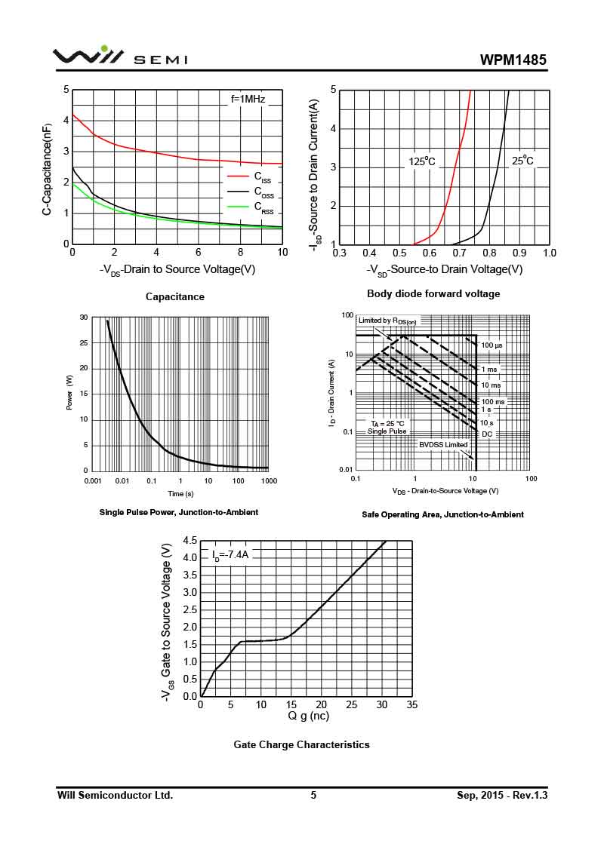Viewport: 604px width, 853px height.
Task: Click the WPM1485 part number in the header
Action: click(513, 60)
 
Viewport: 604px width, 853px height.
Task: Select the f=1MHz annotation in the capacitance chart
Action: click(248, 99)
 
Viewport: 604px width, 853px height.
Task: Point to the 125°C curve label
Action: click(422, 161)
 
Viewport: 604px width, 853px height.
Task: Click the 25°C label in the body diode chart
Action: click(522, 161)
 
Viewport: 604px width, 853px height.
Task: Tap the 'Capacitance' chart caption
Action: click(174, 297)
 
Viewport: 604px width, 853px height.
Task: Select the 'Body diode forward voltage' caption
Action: click(433, 293)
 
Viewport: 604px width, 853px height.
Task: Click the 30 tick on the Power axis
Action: click(84, 318)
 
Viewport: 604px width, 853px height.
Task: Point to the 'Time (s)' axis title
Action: click(180, 493)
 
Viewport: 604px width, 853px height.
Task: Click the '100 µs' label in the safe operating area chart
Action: click(492, 345)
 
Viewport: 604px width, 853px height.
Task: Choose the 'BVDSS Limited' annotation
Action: click(444, 444)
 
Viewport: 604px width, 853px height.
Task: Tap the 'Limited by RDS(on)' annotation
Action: click(387, 321)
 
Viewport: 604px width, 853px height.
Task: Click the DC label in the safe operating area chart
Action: click(487, 434)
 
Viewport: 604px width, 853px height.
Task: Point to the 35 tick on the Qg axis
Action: click(411, 704)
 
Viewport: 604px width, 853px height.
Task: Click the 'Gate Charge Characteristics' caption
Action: click(301, 744)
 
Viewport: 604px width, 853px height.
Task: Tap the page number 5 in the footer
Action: click(313, 795)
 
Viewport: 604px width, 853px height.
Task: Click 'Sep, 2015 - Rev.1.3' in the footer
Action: click(501, 795)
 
